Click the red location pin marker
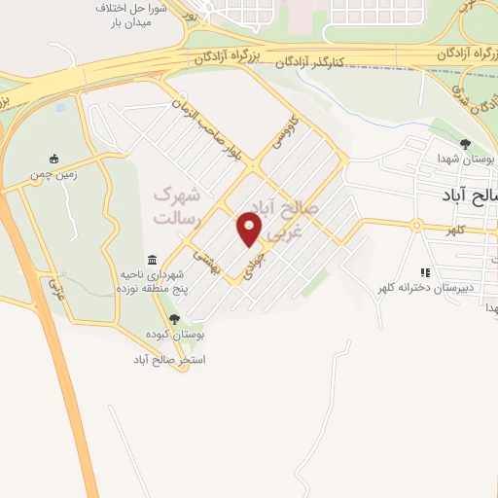pyautogui.click(x=250, y=230)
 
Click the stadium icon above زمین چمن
pyautogui.click(x=54, y=159)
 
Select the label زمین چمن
pyautogui.click(x=54, y=175)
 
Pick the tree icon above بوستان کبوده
pyautogui.click(x=174, y=318)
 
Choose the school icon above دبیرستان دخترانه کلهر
pyautogui.click(x=424, y=272)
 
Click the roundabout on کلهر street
pyautogui.click(x=416, y=227)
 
